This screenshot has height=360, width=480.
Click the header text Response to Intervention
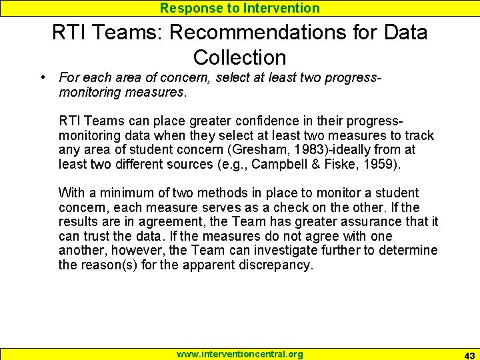(239, 8)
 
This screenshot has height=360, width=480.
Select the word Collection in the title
(239, 57)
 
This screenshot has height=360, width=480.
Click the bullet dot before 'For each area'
(42, 78)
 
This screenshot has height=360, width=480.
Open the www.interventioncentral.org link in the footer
(239, 354)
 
